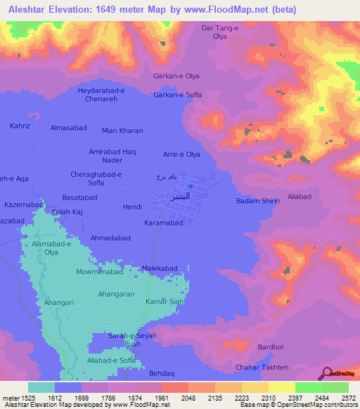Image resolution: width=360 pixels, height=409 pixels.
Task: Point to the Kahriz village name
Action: (x=20, y=125)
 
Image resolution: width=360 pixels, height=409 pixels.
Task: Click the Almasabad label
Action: (x=67, y=128)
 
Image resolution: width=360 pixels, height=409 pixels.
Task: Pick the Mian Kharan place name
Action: (x=122, y=131)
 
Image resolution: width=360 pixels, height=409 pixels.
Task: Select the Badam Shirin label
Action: (x=257, y=201)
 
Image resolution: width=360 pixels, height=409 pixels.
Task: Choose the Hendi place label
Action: (x=133, y=207)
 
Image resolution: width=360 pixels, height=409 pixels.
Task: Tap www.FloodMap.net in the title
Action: (x=227, y=10)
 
